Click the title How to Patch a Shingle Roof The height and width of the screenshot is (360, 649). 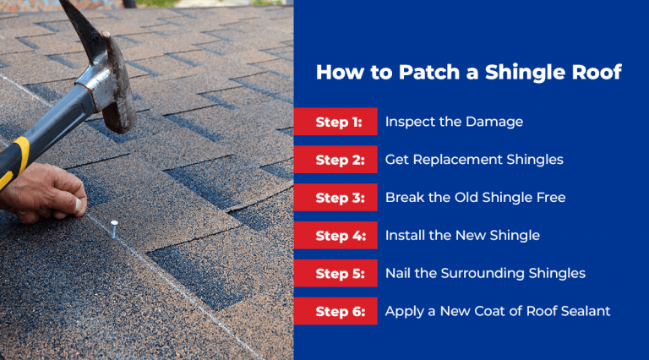468,73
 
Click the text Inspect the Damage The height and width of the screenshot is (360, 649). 454,122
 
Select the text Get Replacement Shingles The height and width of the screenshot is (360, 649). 474,160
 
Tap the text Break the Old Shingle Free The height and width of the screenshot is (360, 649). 475,198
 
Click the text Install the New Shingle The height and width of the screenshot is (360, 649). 462,236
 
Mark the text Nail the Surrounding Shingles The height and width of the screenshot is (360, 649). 485,274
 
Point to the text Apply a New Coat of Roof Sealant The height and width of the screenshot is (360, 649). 498,312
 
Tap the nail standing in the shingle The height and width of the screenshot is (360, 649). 114,226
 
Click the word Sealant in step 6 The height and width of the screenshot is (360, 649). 584,312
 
